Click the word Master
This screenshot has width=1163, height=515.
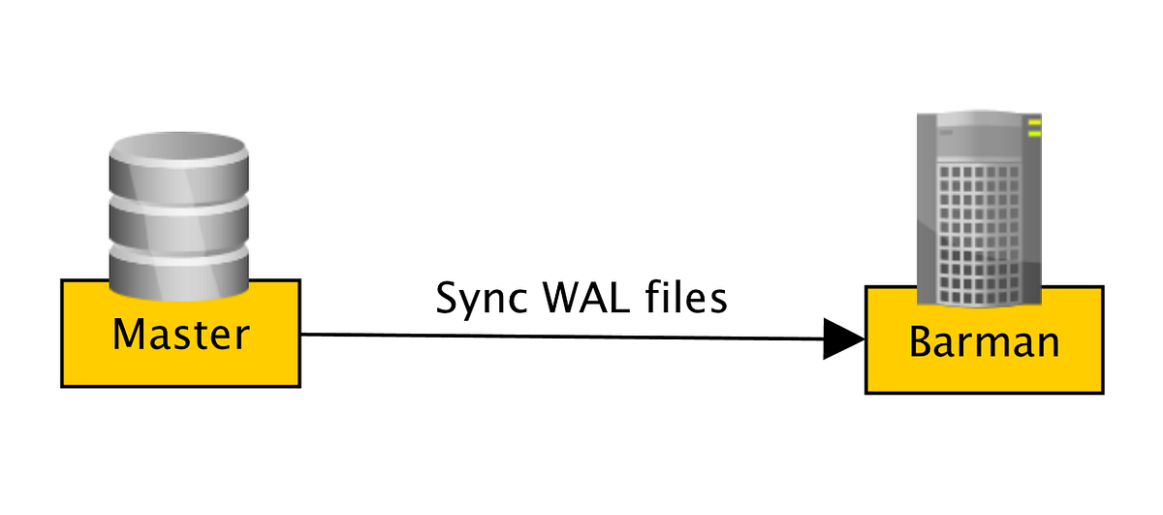181,335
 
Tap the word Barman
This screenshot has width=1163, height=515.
985,342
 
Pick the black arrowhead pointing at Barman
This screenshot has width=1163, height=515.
843,339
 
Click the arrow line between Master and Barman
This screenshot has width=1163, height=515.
562,337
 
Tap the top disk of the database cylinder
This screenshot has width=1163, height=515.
178,160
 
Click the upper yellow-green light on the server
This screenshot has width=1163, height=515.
1034,122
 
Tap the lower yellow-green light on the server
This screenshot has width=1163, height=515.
1034,133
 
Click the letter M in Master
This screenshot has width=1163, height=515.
130,335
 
